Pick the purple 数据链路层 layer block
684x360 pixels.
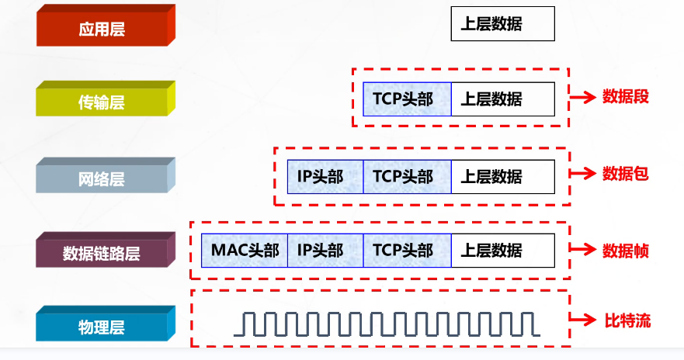click(101, 253)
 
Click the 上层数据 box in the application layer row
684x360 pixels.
click(502, 23)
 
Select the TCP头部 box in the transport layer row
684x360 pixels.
click(407, 99)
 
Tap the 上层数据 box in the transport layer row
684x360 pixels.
click(502, 99)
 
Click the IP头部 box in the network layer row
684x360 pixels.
click(325, 177)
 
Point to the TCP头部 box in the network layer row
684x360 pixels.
click(407, 177)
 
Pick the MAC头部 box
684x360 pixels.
click(244, 251)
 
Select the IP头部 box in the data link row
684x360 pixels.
click(325, 251)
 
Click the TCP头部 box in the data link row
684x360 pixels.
click(407, 251)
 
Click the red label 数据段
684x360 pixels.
click(625, 97)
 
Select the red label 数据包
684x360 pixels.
click(625, 173)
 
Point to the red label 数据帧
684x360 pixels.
click(625, 251)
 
